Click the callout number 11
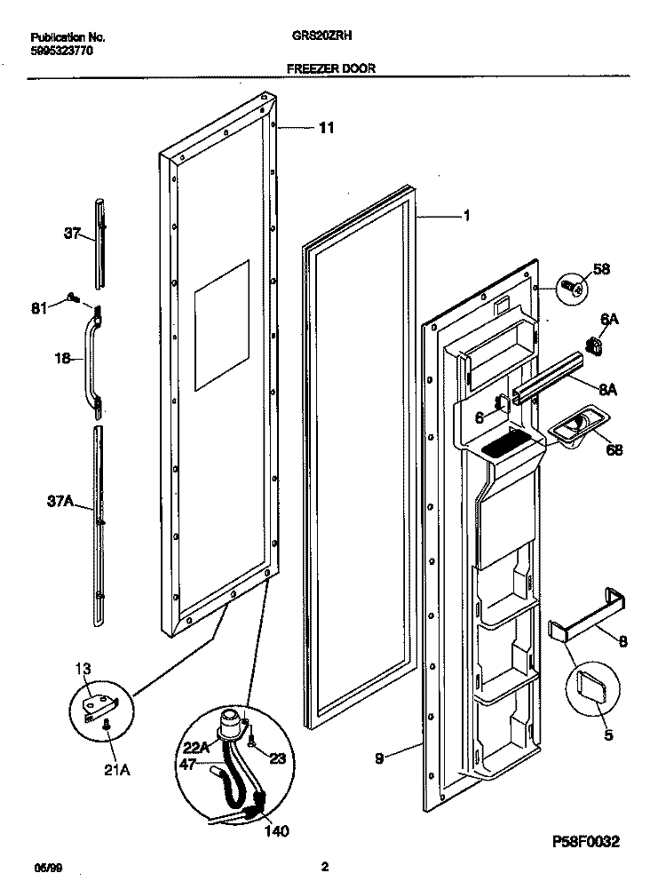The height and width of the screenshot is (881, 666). (x=326, y=129)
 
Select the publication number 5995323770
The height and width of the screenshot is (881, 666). (x=60, y=52)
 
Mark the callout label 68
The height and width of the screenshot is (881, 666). (x=614, y=450)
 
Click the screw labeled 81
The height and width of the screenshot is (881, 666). (x=71, y=298)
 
